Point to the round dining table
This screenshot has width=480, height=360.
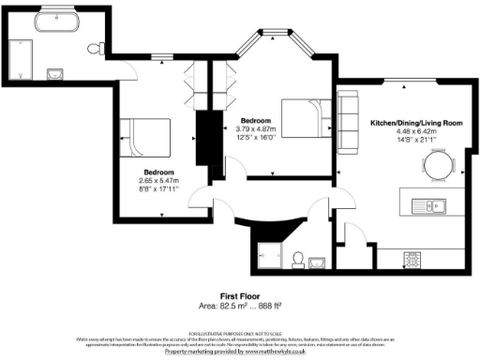(439, 165)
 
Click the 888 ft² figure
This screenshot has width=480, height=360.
(269, 306)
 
